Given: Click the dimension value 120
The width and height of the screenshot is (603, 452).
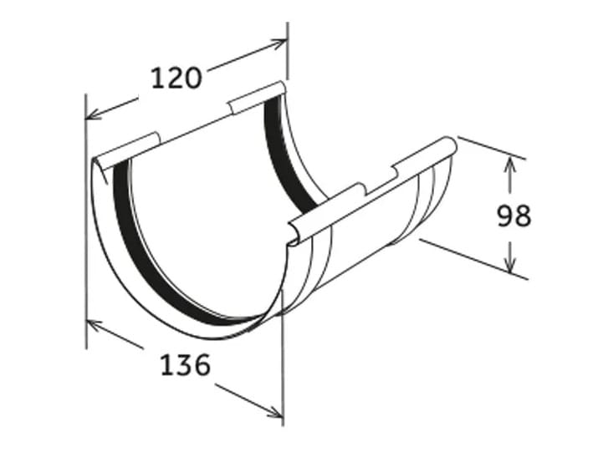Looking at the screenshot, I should tap(176, 78).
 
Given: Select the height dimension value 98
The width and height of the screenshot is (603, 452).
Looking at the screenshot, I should tap(514, 216).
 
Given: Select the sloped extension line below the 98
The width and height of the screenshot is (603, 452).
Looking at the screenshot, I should tap(473, 259).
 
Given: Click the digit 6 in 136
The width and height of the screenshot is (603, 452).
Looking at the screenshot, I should tap(198, 364).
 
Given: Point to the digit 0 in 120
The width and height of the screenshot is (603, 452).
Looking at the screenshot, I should tap(193, 78).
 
